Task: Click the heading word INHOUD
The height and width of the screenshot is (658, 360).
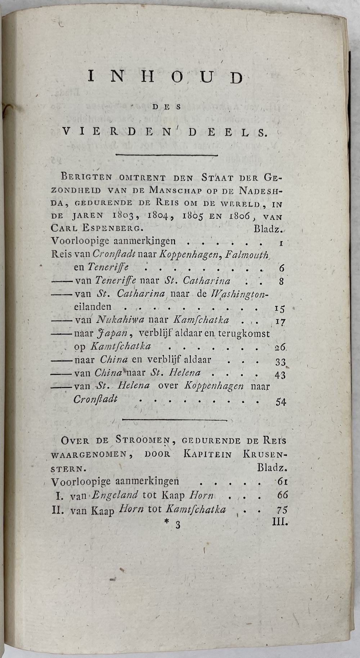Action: [166, 78]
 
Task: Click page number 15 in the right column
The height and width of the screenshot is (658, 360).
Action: [279, 309]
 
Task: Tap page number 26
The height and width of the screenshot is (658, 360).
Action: [280, 348]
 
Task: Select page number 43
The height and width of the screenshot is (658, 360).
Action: [280, 375]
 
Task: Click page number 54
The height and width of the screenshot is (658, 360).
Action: [281, 402]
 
